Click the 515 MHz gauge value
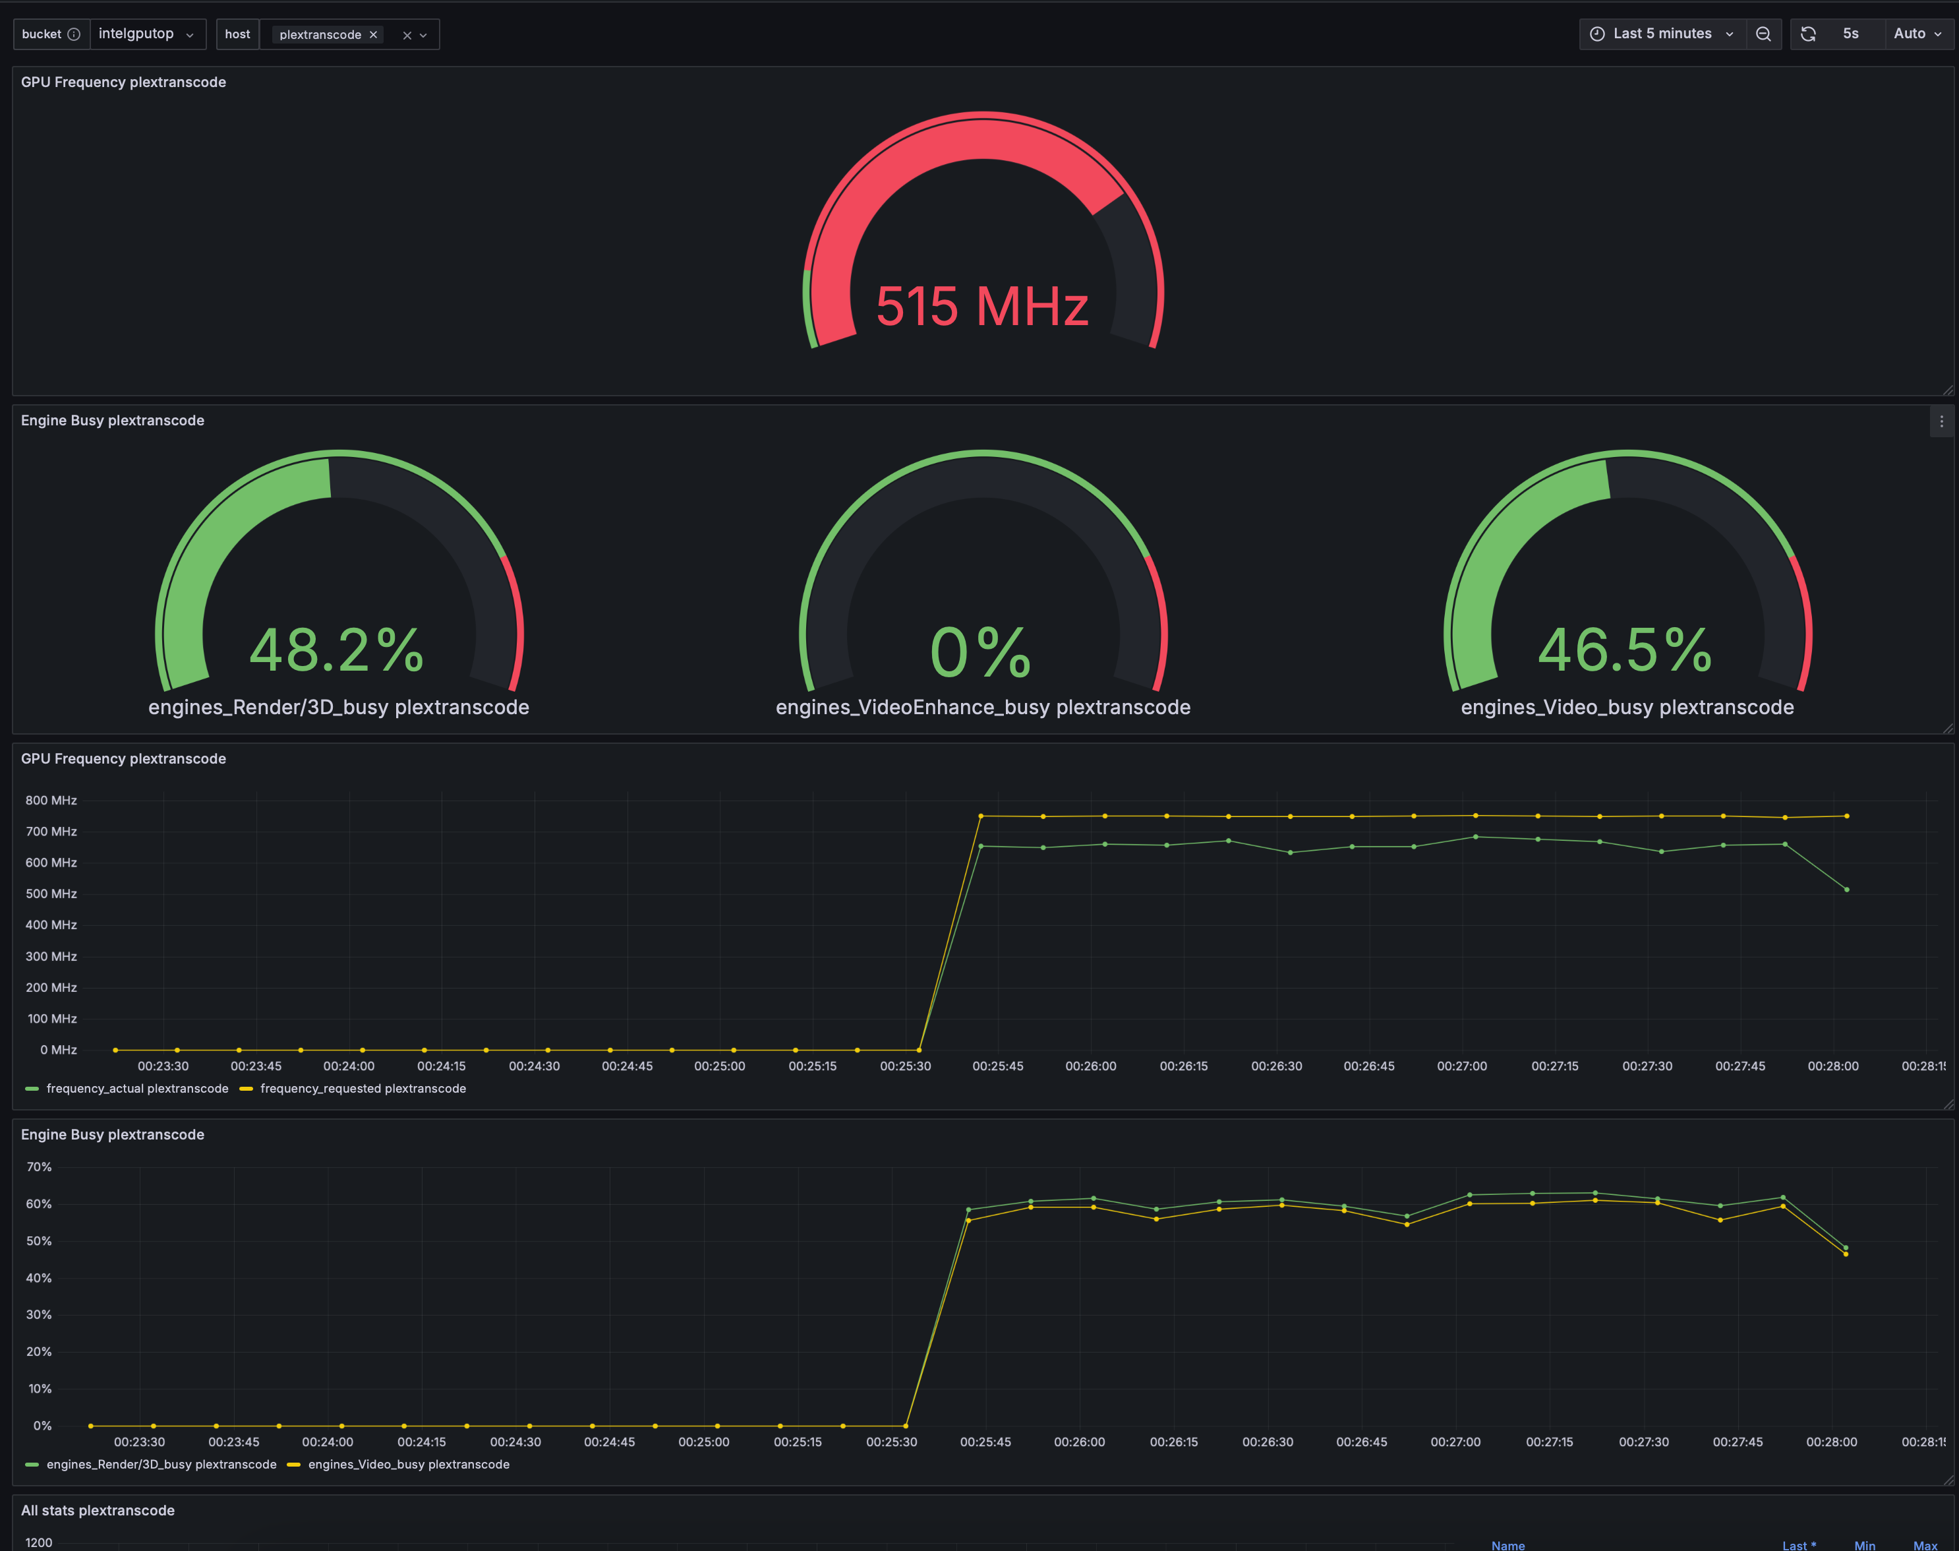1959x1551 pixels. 982,306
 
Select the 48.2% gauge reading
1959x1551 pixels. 337,650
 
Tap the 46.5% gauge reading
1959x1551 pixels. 1625,650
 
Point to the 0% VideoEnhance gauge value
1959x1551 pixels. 981,652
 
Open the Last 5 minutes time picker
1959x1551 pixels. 1663,34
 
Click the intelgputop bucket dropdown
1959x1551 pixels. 147,34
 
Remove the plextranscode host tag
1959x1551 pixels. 373,34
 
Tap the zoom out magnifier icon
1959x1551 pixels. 1763,34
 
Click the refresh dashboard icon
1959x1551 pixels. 1808,34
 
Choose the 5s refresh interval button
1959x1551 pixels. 1851,34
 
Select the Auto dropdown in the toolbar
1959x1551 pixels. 1918,34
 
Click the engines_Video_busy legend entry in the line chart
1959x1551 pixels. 399,1465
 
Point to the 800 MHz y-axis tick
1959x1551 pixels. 51,800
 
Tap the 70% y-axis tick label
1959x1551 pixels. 39,1167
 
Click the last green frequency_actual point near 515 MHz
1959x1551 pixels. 1846,890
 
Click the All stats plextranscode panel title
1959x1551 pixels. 98,1510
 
